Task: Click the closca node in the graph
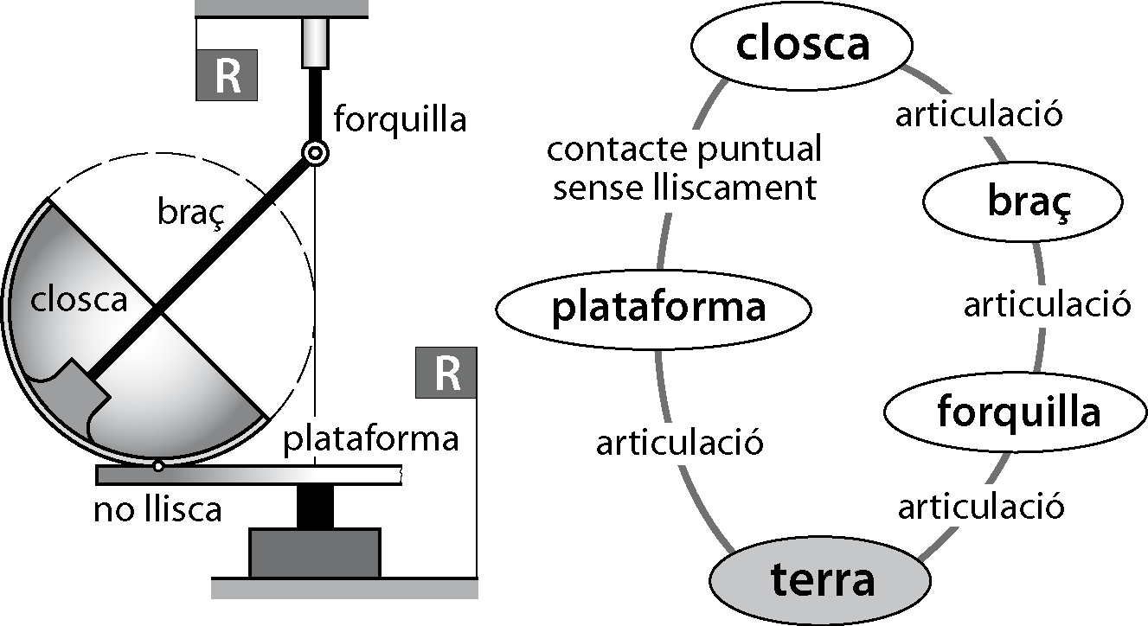802,44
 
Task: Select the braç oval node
1023,204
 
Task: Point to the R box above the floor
446,373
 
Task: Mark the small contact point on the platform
157,467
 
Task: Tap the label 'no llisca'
158,509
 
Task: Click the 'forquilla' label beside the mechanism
399,118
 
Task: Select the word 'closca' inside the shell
79,299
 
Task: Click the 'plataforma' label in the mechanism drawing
371,439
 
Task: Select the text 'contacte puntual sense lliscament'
683,169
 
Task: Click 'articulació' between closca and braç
978,114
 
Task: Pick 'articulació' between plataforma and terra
679,444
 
